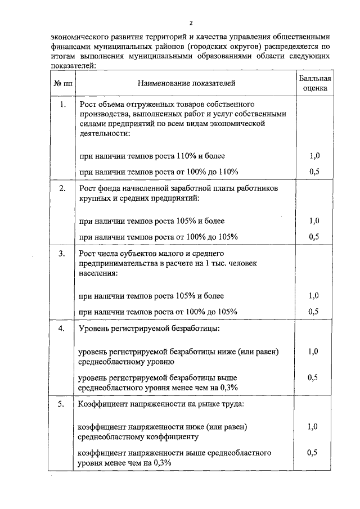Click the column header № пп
coord(62,84)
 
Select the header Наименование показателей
coord(186,84)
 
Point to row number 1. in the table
coord(62,105)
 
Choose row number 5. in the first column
coord(62,403)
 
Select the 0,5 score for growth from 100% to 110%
coord(314,172)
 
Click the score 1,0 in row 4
coord(314,352)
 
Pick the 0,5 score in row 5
coord(314,452)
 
